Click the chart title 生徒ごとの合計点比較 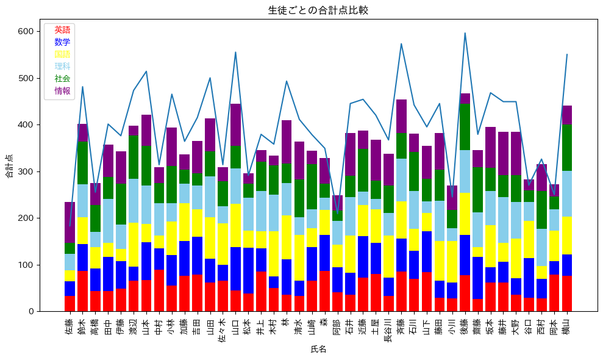(318, 10)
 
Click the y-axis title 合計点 (10, 165)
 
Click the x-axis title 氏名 (318, 349)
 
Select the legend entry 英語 (62, 30)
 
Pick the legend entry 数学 (62, 42)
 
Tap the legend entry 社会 (62, 79)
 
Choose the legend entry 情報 (62, 91)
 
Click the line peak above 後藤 (465, 33)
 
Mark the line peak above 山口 (235, 52)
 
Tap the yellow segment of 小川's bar (452, 262)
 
